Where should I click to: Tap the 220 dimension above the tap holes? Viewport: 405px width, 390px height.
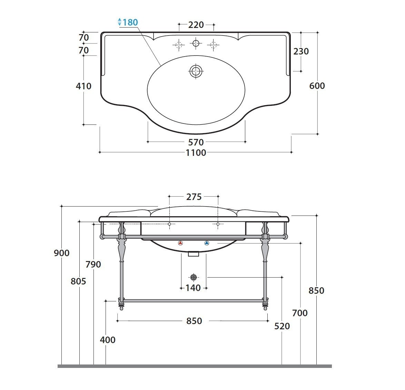[196, 25]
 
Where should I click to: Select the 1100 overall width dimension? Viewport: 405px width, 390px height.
[196, 152]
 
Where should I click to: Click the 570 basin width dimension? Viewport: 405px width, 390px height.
[196, 142]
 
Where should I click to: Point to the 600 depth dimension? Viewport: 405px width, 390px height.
[317, 86]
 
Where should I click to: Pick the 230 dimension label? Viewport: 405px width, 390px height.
[301, 51]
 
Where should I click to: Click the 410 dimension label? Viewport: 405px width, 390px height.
[83, 86]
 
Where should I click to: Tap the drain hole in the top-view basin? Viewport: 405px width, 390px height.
[196, 71]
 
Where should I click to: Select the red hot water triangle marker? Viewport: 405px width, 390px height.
[180, 243]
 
